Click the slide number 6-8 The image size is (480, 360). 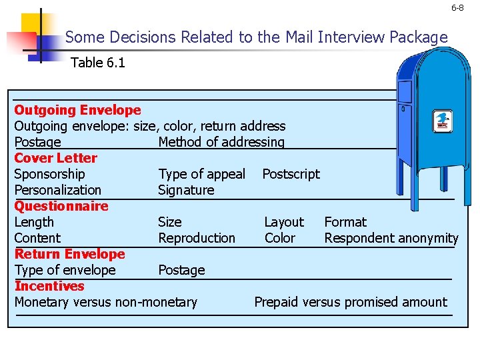457,8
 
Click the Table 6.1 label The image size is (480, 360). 98,63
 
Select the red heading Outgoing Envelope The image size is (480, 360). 77,110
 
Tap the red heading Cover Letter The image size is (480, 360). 55,158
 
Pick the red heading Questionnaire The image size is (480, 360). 61,206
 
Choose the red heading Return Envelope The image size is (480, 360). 69,254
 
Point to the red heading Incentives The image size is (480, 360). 49,286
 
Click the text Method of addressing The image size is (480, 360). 221,142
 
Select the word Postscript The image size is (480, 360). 291,174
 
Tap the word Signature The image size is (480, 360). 186,190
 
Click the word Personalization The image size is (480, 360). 58,190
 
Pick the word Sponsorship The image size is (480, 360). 50,174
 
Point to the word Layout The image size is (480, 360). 284,222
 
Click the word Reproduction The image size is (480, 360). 197,238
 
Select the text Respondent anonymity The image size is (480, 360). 391,238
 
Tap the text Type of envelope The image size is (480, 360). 65,270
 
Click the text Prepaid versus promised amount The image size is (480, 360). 351,302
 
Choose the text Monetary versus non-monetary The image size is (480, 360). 106,302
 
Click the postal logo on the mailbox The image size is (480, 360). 442,121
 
